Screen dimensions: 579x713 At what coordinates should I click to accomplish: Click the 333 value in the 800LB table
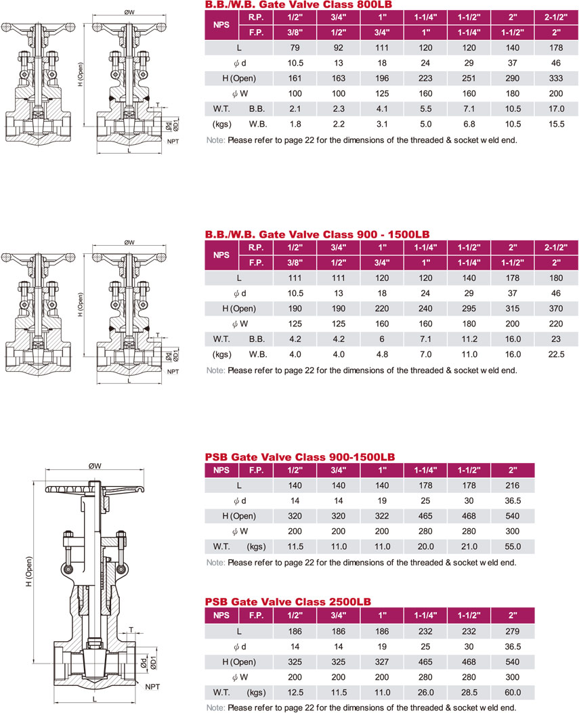coord(556,79)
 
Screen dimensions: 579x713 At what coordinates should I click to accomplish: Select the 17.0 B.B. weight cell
coord(556,109)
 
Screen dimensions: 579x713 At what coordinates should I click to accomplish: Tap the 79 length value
coord(295,48)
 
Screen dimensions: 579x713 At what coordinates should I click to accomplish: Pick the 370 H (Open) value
coord(556,308)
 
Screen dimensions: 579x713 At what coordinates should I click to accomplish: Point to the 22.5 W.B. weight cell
coord(556,354)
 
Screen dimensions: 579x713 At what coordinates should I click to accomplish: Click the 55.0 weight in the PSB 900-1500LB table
coord(513,546)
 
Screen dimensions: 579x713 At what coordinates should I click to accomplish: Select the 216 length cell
coord(513,485)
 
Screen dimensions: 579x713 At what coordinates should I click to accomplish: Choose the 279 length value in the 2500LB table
coord(513,632)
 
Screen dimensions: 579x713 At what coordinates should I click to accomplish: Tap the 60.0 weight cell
coord(513,693)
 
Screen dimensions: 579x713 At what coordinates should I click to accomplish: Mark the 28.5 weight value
coord(469,693)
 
